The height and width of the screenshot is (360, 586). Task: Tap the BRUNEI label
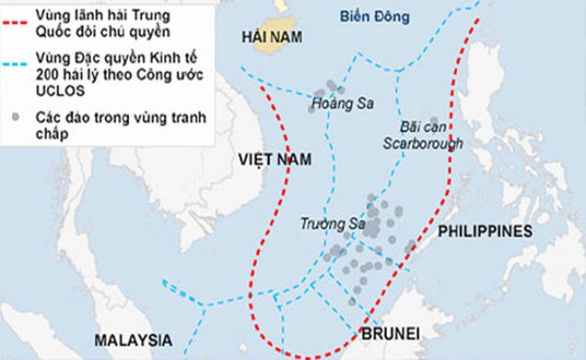coord(389,336)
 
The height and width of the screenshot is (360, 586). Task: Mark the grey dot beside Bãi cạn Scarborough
coord(434,121)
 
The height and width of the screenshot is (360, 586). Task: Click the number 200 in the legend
coord(47,74)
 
